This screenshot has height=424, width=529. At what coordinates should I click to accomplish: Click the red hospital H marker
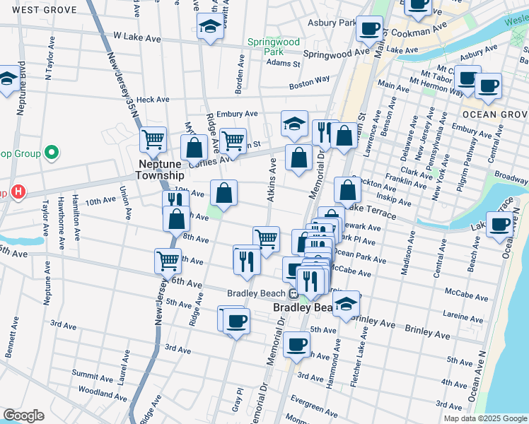[x=18, y=192]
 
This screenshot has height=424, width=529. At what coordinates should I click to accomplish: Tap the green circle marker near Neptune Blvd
[x=51, y=152]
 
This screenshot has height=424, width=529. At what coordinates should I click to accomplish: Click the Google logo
[x=23, y=416]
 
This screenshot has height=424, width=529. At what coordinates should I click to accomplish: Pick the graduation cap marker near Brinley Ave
[x=346, y=305]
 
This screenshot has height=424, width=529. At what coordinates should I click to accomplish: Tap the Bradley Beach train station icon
[x=293, y=293]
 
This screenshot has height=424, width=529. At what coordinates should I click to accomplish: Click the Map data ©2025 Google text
[x=484, y=418]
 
